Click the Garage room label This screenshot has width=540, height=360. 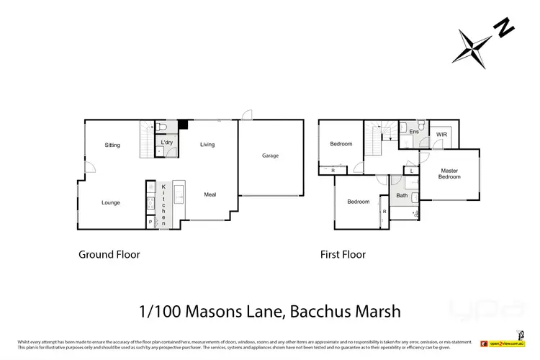tap(270, 156)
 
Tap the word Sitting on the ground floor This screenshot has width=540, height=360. tap(112, 145)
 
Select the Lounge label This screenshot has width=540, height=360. tap(111, 203)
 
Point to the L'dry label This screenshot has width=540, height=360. tap(167, 143)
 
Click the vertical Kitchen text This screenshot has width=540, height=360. tap(163, 205)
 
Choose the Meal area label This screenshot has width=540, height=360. tap(210, 194)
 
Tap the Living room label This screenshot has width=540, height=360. tap(207, 145)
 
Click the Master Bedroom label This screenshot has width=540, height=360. tap(450, 174)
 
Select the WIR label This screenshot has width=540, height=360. tap(441, 134)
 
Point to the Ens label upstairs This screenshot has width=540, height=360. tap(414, 132)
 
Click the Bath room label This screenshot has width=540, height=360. tap(402, 195)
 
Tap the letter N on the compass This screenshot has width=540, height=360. tap(503, 30)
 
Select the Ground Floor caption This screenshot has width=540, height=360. tap(109, 254)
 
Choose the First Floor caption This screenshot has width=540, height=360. tap(343, 254)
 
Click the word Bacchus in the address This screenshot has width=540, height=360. tap(312, 311)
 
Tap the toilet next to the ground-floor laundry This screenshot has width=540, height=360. tap(163, 127)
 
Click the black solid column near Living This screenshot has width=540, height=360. tap(183, 125)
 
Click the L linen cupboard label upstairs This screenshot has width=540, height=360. tap(411, 171)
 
